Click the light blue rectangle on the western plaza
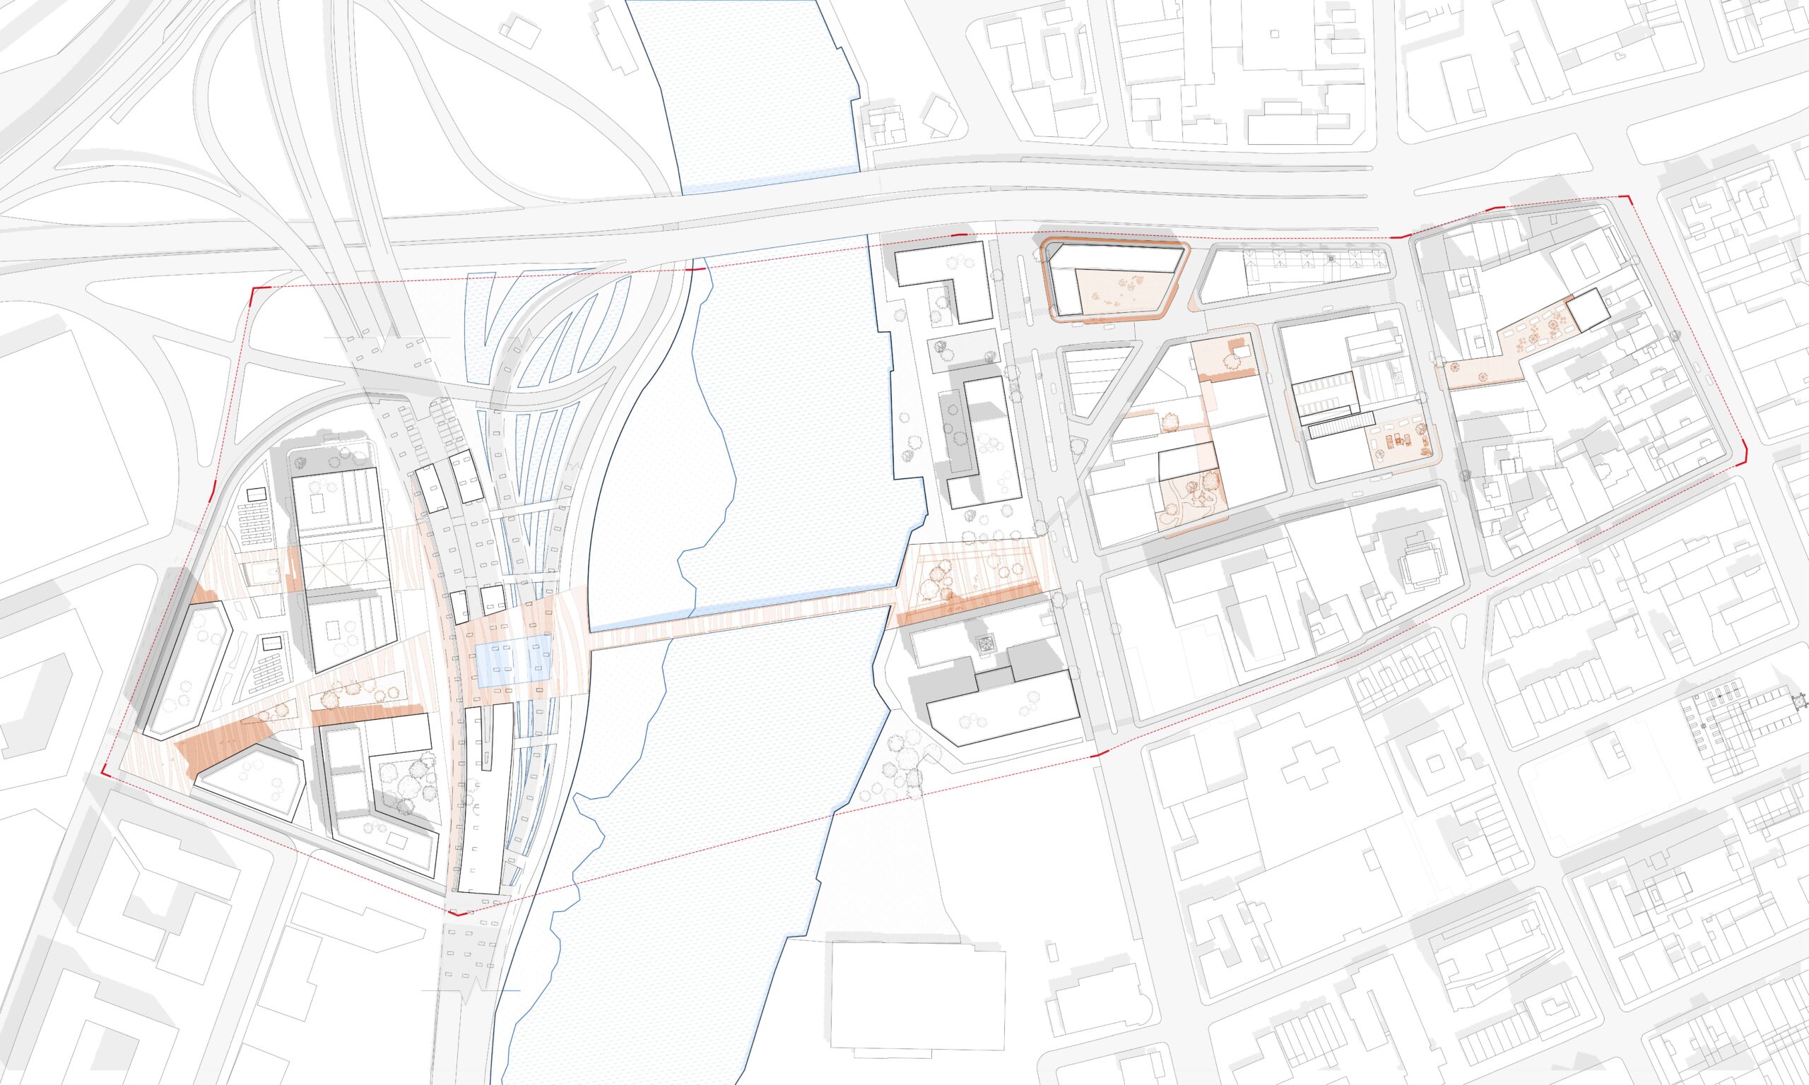pyautogui.click(x=512, y=660)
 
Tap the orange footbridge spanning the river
pyautogui.click(x=742, y=621)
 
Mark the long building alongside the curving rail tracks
pyautogui.click(x=479, y=797)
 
